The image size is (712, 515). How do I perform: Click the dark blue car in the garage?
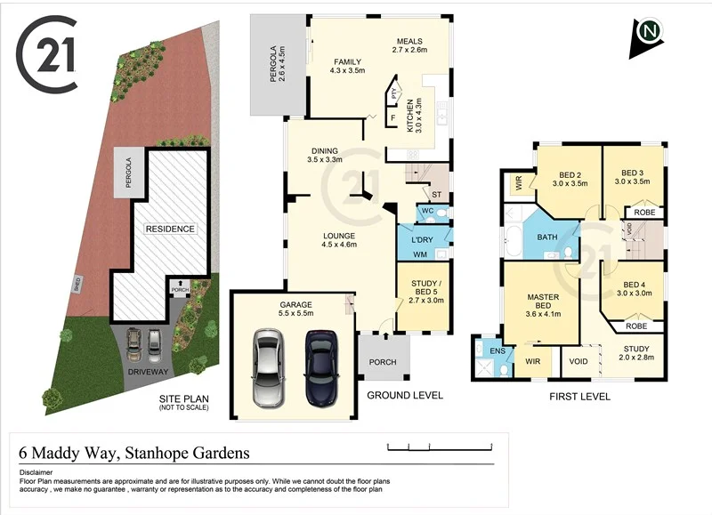[x=322, y=366]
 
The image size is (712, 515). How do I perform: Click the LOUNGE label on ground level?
[x=338, y=237]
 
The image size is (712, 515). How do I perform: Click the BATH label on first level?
[x=546, y=237]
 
